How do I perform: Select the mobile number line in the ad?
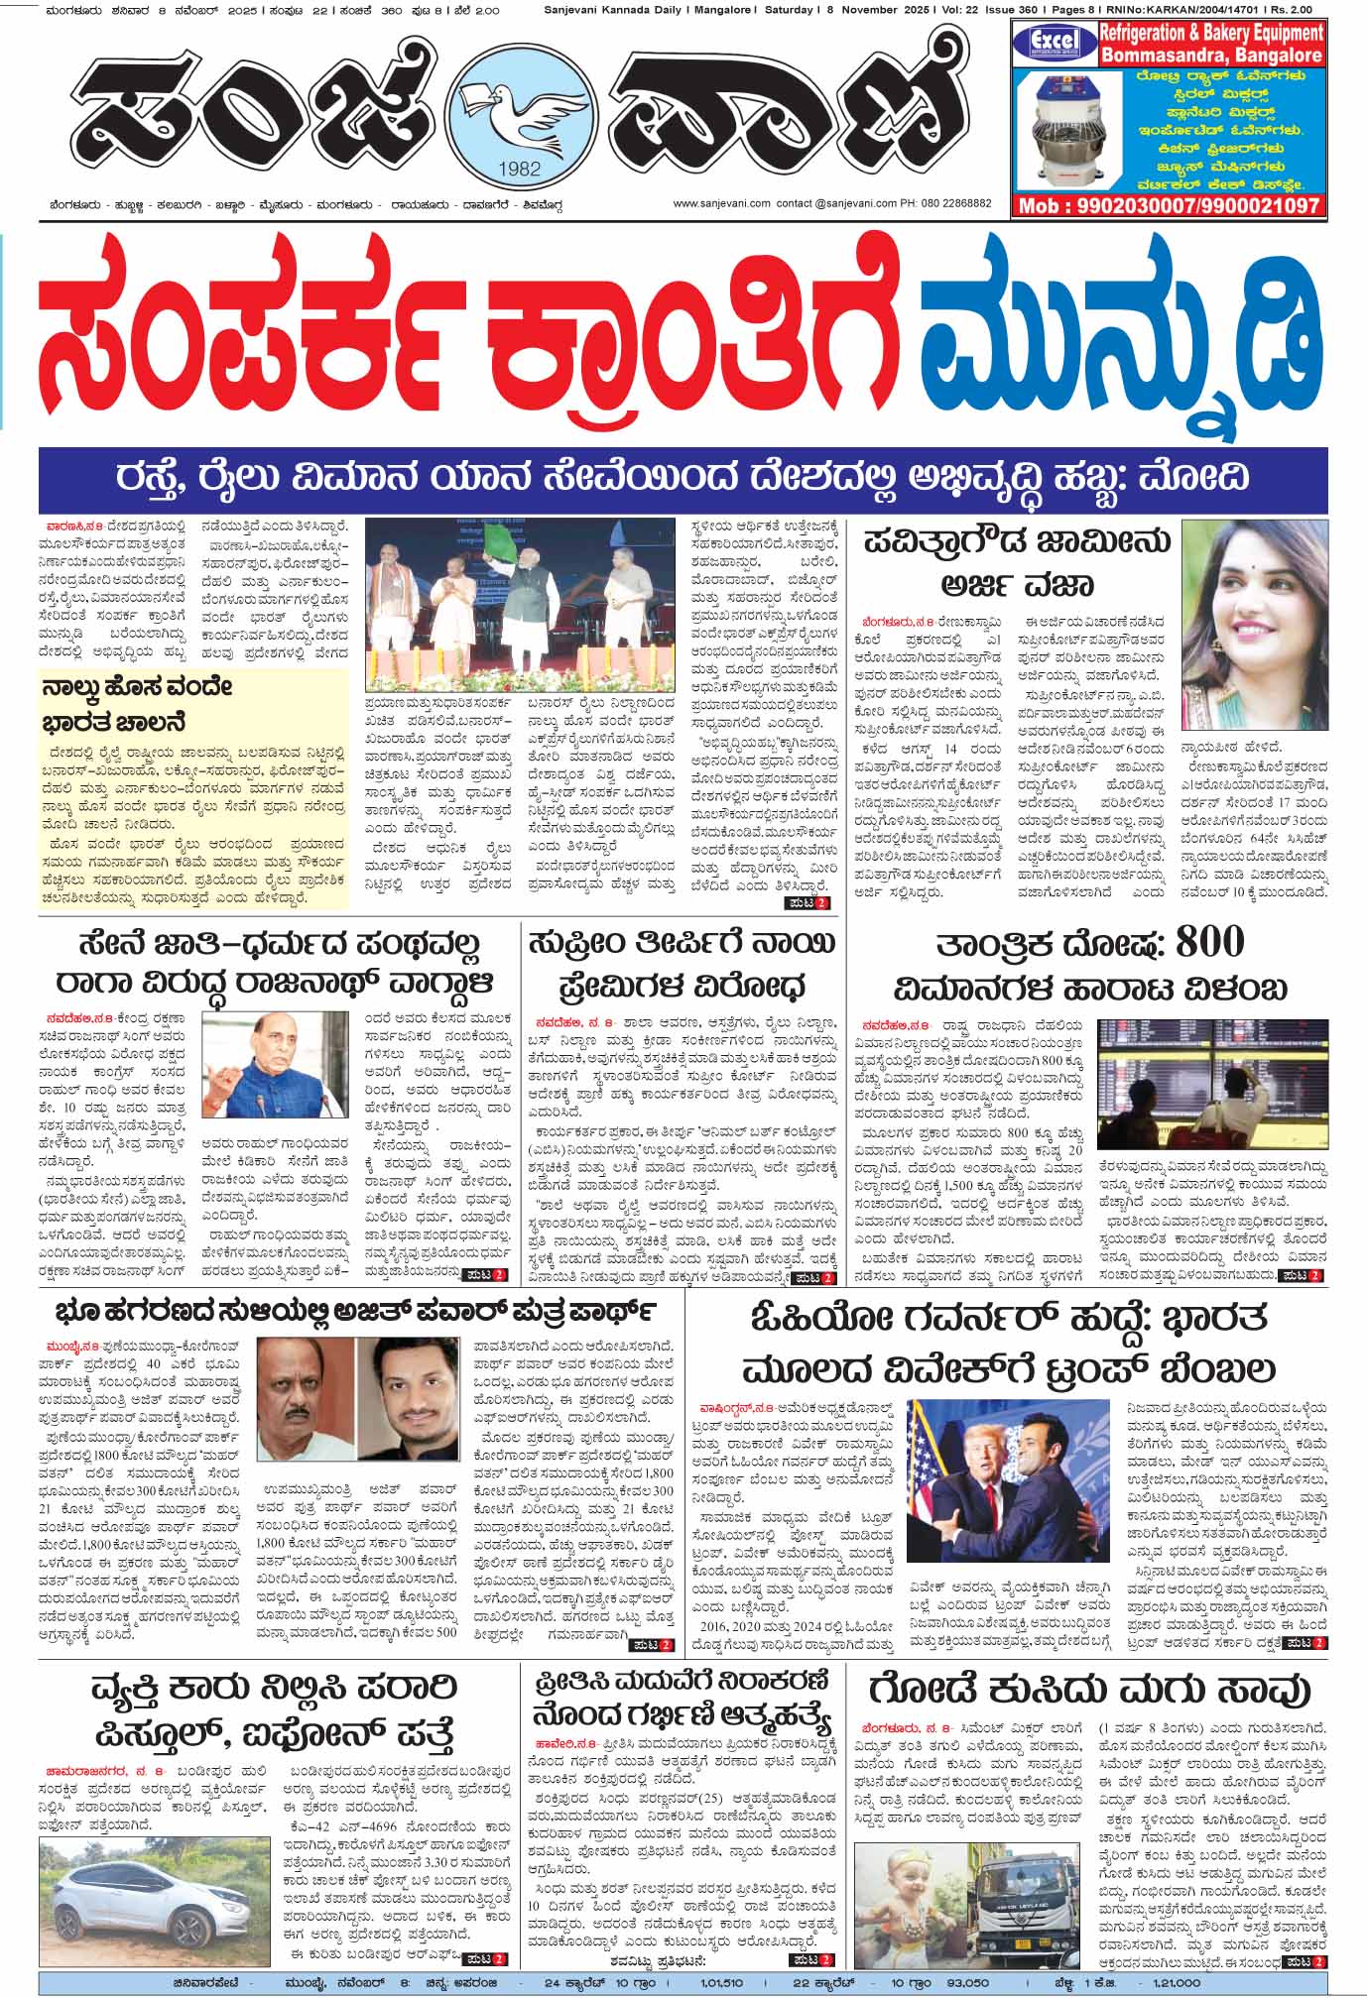[x=1168, y=206]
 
